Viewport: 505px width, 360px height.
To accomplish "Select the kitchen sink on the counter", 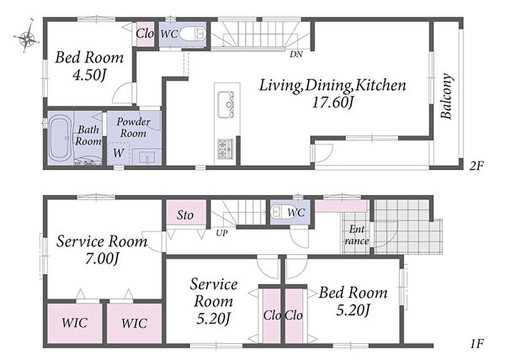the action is point(226,105).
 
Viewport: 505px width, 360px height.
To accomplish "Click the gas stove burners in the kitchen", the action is point(225,149).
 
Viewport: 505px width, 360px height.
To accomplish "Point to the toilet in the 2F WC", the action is point(192,34).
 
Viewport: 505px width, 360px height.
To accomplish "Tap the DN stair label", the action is point(296,54).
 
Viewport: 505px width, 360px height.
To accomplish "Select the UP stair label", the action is point(221,233).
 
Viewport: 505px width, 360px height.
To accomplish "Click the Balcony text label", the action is point(446,97).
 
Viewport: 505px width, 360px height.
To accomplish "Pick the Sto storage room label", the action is point(185,215).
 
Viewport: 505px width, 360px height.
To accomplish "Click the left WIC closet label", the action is point(74,323).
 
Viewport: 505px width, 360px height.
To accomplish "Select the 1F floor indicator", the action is point(477,344).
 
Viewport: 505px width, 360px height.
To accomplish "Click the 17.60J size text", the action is point(333,103).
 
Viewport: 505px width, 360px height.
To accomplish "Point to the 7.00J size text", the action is point(102,258).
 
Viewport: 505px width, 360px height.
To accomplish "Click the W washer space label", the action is point(118,153).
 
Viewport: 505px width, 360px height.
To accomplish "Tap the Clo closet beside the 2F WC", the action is point(144,34).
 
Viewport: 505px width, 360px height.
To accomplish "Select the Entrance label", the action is point(357,235).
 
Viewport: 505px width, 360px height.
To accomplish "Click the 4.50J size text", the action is point(89,75).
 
